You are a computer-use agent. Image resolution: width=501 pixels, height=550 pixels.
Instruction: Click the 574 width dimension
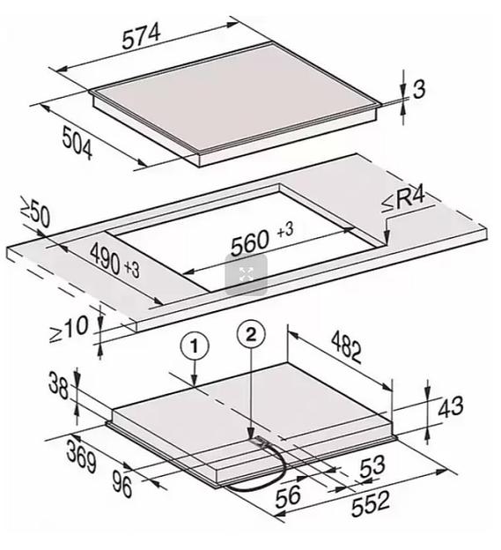[x=142, y=36]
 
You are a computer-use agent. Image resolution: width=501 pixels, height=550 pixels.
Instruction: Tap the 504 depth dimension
[x=77, y=143]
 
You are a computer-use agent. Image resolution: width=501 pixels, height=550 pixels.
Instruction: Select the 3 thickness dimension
[x=419, y=89]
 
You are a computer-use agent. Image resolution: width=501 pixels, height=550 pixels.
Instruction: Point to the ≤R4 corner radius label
[x=403, y=200]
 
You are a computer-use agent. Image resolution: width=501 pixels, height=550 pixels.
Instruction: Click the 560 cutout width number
[x=250, y=242]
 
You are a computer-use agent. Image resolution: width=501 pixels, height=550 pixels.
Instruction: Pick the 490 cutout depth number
[x=105, y=259]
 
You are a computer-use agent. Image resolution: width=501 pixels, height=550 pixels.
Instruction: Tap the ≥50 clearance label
[x=35, y=213]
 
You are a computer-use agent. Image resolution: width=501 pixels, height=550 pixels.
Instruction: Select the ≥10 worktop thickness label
[x=69, y=329]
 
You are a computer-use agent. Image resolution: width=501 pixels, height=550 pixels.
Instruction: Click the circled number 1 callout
[x=195, y=346]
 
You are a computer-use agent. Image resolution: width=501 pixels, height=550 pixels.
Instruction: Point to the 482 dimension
[x=346, y=348]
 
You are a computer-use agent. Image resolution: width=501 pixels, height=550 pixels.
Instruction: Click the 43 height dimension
[x=451, y=407]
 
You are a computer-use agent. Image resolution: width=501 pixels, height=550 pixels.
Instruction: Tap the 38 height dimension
[x=58, y=386]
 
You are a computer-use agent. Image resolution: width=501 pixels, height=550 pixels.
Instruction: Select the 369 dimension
[x=81, y=457]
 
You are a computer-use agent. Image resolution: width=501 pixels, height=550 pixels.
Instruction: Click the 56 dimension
[x=288, y=497]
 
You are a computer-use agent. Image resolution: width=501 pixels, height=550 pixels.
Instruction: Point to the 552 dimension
[x=370, y=504]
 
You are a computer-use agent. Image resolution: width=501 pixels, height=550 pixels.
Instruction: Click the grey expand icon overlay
[x=246, y=274]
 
